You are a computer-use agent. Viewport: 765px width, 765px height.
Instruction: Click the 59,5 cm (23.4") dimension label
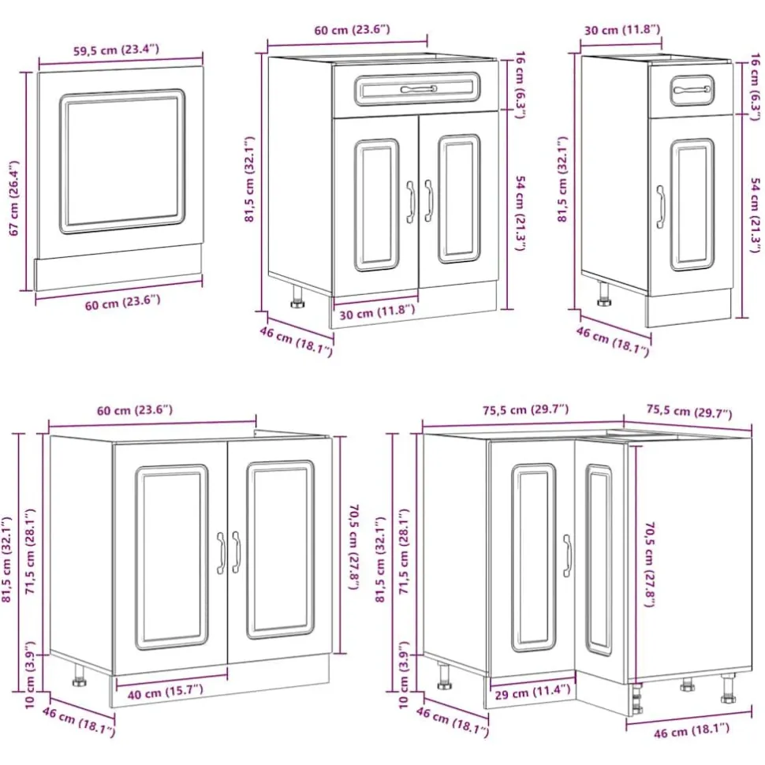(x=116, y=49)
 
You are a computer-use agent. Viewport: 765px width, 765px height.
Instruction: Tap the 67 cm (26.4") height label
(x=14, y=198)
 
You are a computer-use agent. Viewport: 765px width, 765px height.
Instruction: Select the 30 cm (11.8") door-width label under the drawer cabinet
(x=377, y=312)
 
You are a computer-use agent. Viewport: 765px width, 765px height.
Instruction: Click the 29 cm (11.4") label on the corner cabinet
(x=532, y=692)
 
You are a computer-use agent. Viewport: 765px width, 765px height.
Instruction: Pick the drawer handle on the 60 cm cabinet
(x=419, y=89)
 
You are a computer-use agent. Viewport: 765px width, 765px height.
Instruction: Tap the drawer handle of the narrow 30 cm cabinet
(x=692, y=90)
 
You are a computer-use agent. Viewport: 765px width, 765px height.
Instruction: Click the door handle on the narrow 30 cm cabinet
(x=661, y=207)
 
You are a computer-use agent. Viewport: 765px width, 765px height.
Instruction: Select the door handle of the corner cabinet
(x=567, y=556)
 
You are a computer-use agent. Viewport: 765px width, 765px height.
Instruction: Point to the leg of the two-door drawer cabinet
(x=297, y=297)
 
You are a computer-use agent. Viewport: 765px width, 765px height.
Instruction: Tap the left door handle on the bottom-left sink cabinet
(x=221, y=553)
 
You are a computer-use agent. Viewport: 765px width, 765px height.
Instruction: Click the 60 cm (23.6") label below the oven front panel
(x=122, y=303)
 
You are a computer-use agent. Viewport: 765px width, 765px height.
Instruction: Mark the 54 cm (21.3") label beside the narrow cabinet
(x=754, y=215)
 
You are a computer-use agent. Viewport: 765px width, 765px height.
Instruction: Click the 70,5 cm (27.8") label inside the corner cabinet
(x=649, y=565)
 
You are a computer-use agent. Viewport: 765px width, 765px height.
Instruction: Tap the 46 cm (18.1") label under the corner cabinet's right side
(x=692, y=731)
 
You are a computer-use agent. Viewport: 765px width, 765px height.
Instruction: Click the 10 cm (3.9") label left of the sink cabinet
(x=30, y=674)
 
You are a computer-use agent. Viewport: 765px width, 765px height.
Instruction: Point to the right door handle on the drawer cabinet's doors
(x=429, y=201)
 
